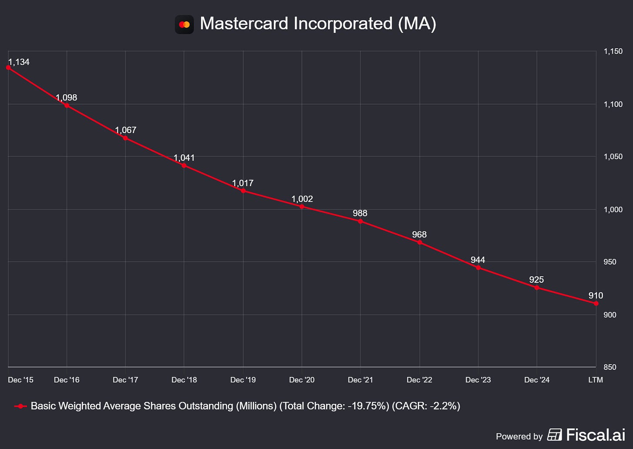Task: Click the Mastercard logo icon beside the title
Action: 184,24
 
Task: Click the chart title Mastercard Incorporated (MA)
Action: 318,23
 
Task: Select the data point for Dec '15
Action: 8,67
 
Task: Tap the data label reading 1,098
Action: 67,97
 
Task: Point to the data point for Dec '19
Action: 243,191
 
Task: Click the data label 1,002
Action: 302,199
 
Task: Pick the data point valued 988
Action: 360,221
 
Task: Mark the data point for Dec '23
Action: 478,268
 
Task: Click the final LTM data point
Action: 596,303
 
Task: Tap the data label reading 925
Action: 536,280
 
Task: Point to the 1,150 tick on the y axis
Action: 613,51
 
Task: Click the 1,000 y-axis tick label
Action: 613,209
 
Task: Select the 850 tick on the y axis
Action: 610,367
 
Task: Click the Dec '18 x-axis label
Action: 184,380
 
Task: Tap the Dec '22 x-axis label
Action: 419,380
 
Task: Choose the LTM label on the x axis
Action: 595,380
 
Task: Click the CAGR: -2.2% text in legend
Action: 426,406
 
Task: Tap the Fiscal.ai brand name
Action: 595,435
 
